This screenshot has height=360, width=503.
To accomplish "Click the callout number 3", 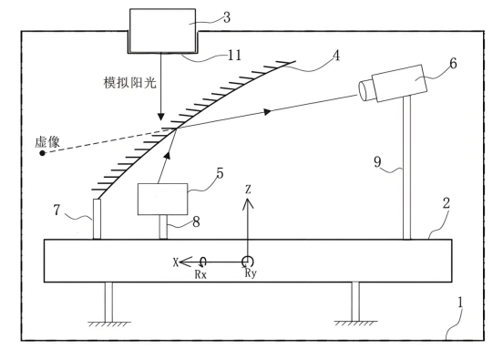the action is click(227, 17).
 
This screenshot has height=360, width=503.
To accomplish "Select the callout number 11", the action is click(234, 56).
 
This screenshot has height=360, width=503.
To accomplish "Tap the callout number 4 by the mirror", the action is click(336, 56).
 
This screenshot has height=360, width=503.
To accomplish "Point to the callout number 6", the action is click(453, 64).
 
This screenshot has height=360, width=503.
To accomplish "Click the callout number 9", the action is click(377, 161).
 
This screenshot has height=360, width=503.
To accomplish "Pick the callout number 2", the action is click(447, 203).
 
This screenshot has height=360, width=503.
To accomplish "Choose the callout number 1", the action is click(460, 303).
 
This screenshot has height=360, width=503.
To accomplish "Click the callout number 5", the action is click(220, 173).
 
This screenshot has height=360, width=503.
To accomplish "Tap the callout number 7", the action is click(56, 211).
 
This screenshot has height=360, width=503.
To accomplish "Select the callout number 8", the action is click(196, 221).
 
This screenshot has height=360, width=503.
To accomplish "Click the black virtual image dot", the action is click(42, 153).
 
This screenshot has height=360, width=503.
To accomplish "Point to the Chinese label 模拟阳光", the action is click(130, 82).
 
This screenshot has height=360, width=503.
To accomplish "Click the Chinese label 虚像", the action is click(47, 142).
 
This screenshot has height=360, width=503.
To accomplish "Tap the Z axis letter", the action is click(248, 190).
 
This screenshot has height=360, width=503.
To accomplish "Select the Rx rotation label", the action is click(200, 274).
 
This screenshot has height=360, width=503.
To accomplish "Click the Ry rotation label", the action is click(251, 273).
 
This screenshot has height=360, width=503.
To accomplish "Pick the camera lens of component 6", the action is click(365, 90).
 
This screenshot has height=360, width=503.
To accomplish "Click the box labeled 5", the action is click(162, 200).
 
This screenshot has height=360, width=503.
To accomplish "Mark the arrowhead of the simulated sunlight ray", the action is click(161, 117).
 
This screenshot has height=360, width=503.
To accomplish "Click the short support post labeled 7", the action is click(97, 219).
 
